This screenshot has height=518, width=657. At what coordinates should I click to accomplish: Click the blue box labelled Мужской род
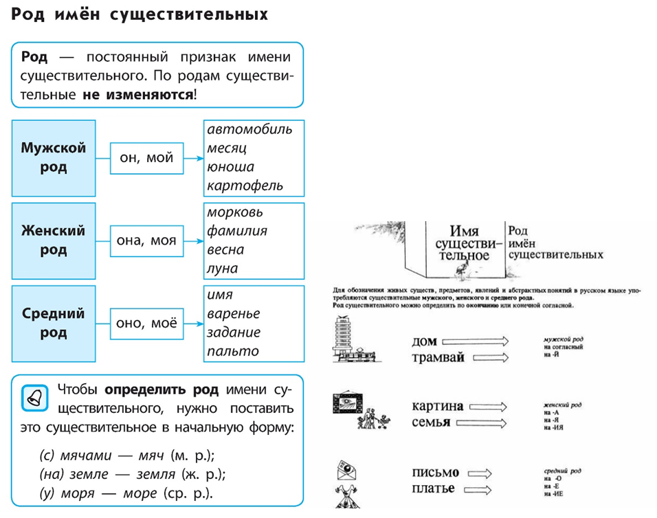click(53, 158)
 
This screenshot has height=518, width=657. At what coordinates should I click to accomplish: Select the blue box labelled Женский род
click(53, 240)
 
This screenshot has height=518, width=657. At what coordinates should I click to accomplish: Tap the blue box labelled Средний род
click(53, 323)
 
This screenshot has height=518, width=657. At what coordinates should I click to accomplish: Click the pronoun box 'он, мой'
click(146, 158)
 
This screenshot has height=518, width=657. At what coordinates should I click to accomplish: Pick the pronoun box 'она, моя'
click(146, 240)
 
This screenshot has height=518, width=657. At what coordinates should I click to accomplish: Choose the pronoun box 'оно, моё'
click(146, 323)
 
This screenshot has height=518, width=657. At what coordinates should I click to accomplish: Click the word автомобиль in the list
click(249, 129)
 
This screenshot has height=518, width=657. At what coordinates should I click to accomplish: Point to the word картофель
click(245, 186)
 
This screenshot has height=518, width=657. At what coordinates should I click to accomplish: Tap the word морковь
click(235, 212)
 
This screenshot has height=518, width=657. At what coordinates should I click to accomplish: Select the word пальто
click(233, 351)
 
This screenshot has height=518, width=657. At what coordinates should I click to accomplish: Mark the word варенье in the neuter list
click(234, 313)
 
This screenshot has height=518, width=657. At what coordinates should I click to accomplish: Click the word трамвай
click(438, 357)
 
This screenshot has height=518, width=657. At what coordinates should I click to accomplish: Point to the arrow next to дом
click(475, 341)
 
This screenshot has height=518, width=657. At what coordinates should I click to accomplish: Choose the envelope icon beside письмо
click(348, 473)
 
